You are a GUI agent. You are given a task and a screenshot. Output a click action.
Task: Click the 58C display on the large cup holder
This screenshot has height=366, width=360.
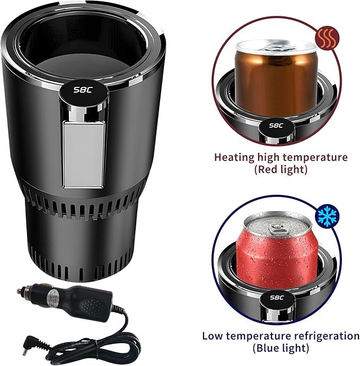83,90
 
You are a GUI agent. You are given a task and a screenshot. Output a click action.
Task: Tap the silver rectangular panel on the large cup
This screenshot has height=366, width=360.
84,154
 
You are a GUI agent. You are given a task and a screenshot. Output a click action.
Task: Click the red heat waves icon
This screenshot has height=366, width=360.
327,38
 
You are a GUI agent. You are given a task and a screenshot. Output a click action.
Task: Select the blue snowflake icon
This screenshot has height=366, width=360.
327,216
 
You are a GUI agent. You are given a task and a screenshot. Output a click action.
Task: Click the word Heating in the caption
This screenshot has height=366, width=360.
234,158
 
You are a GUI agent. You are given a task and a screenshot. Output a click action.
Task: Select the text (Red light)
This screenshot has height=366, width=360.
280,169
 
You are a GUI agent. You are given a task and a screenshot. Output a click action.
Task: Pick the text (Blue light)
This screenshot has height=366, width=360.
280,348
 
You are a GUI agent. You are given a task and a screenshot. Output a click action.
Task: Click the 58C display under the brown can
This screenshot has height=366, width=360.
276,126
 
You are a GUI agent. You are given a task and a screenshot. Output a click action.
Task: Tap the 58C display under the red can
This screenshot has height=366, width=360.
277,298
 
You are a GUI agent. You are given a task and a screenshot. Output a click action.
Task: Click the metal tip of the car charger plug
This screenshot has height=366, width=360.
20,291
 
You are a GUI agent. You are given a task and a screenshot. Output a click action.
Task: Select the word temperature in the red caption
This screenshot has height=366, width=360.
315,158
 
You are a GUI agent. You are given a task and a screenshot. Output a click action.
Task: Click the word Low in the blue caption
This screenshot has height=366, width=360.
212,336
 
